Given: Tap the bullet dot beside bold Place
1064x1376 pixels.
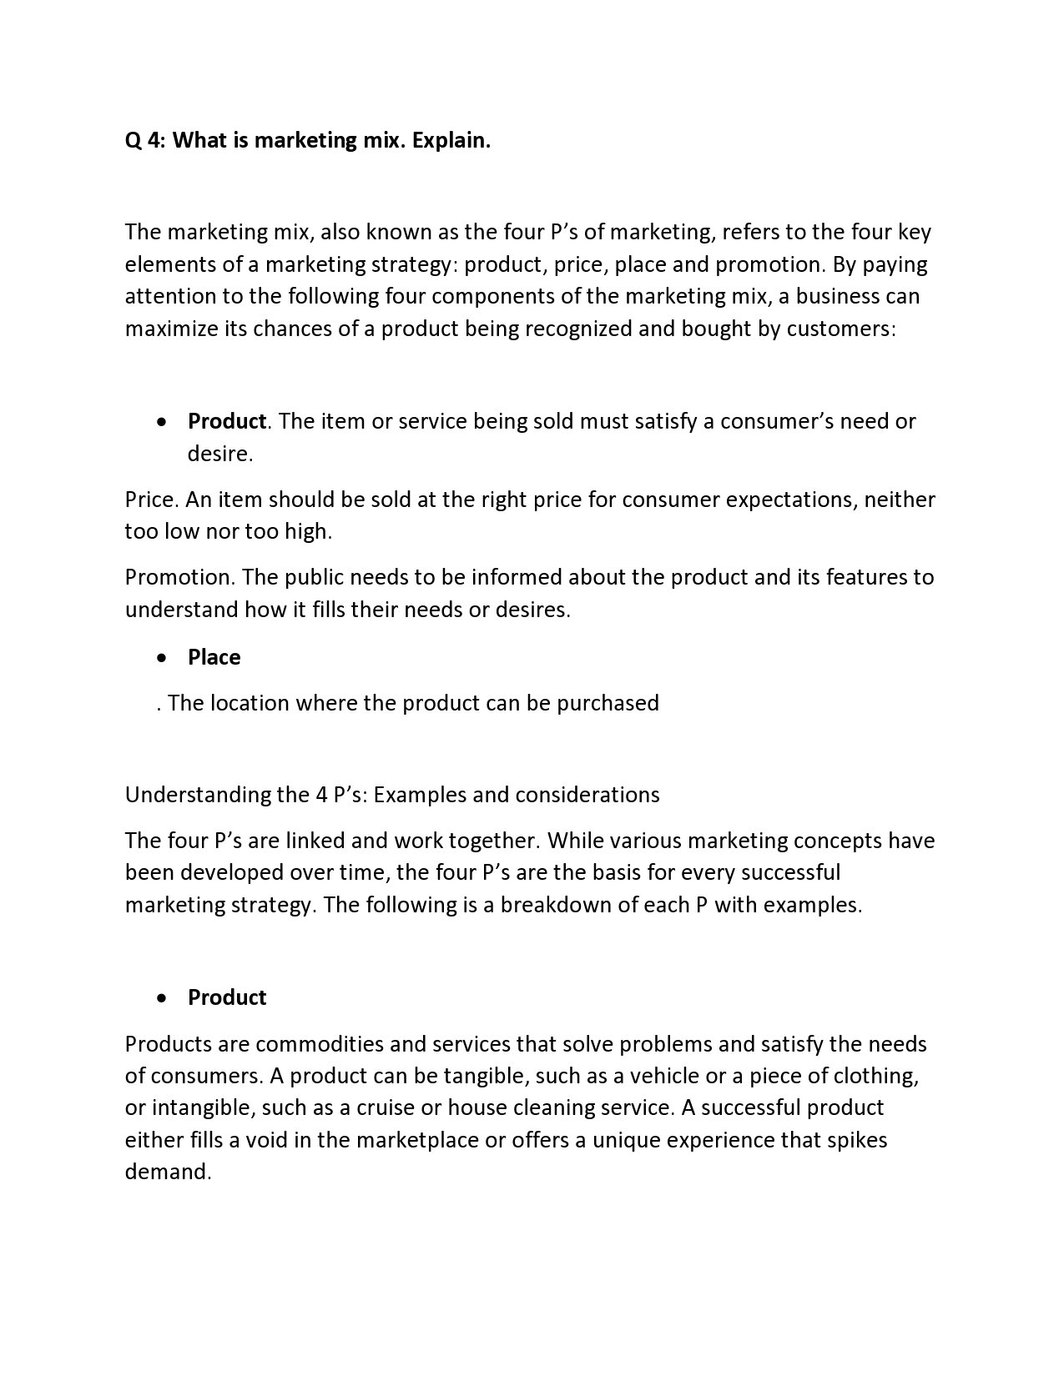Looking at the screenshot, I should click(162, 658).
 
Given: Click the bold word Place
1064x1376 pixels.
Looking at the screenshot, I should click(214, 657).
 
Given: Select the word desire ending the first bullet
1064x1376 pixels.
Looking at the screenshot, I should click(219, 454).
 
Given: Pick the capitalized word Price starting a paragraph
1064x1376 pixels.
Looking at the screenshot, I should click(151, 500).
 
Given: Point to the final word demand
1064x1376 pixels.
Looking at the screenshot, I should click(168, 1172).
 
